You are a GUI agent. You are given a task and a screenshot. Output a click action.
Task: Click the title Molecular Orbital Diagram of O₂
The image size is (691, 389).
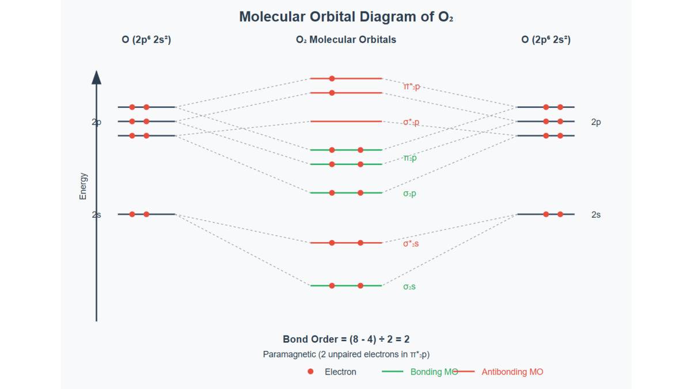(346, 17)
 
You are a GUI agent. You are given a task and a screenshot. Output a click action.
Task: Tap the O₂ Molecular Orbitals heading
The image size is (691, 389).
(346, 40)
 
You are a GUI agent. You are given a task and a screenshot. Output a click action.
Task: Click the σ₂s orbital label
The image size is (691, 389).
(409, 286)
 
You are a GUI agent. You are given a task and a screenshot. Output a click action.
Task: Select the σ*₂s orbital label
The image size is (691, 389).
(411, 244)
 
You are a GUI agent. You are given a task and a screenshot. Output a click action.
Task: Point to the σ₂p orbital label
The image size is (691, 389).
(409, 194)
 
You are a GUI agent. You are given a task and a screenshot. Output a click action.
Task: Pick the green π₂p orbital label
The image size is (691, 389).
(409, 158)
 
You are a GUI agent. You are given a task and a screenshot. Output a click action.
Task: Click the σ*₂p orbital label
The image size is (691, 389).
(411, 122)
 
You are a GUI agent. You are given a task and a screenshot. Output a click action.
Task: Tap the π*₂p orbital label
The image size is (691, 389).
(411, 86)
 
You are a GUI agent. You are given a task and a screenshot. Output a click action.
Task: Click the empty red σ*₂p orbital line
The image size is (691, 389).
(346, 122)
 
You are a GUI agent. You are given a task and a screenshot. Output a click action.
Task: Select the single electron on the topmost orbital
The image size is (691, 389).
(332, 78)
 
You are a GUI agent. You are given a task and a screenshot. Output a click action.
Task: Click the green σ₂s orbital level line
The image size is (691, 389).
(346, 285)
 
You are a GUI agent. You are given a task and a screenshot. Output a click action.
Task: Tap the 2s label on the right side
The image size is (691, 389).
(596, 214)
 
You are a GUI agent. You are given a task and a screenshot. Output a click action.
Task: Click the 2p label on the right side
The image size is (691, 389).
(596, 122)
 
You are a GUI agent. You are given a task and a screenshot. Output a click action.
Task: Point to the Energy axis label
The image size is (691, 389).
(83, 186)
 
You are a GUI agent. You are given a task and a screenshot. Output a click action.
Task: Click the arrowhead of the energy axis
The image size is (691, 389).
(96, 77)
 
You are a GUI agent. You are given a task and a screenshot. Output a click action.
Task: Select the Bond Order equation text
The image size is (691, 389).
(346, 339)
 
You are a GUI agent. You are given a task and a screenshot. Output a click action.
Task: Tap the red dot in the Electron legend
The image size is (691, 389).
(310, 372)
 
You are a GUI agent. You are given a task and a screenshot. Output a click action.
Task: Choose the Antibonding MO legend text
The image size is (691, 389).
(512, 372)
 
